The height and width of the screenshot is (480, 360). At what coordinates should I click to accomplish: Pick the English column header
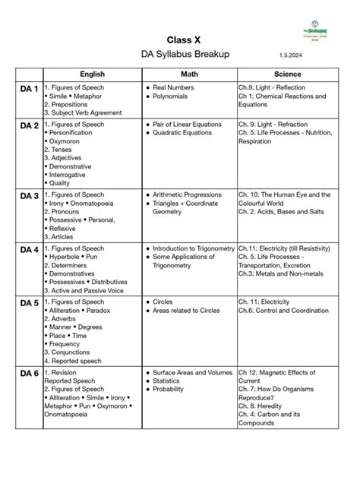pos(92,74)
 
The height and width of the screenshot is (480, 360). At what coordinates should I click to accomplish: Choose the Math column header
pos(188,74)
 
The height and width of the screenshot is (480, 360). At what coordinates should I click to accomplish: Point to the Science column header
pos(288,74)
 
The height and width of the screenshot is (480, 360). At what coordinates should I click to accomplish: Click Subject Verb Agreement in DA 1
pos(84,113)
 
